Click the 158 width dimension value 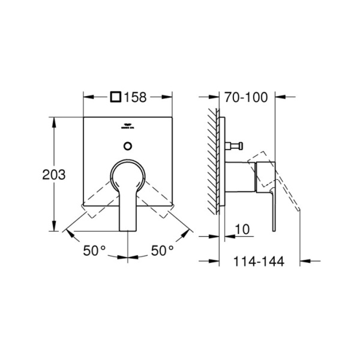(x=135, y=97)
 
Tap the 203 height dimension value (x=53, y=175)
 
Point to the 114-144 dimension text (x=258, y=261)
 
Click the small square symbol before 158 (x=116, y=97)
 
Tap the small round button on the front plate (x=127, y=145)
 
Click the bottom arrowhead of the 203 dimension (x=55, y=228)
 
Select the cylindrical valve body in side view (x=240, y=177)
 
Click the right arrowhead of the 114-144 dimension (x=302, y=260)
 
